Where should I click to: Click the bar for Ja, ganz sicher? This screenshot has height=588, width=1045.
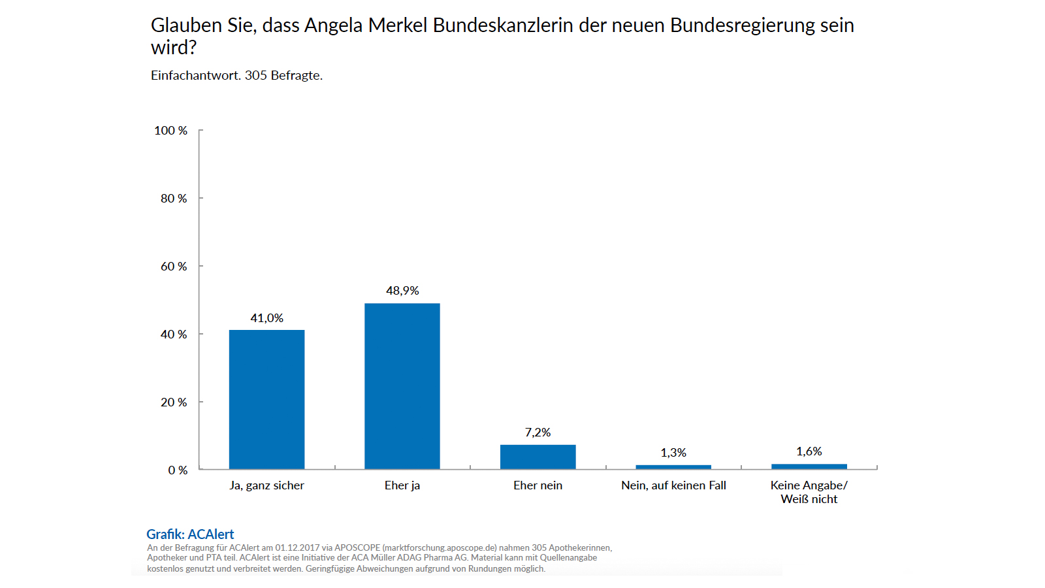pyautogui.click(x=266, y=399)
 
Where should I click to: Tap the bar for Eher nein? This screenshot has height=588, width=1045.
pyautogui.click(x=538, y=457)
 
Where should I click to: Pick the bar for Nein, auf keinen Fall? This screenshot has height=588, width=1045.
pyautogui.click(x=673, y=466)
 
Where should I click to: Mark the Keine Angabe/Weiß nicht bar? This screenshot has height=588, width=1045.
pyautogui.click(x=809, y=466)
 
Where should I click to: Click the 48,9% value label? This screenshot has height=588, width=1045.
pyautogui.click(x=402, y=291)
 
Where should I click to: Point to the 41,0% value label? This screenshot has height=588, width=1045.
pyautogui.click(x=266, y=318)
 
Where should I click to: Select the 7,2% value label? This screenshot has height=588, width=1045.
pyautogui.click(x=538, y=433)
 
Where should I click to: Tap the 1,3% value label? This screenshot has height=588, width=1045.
pyautogui.click(x=673, y=453)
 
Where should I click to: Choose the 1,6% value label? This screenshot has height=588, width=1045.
pyautogui.click(x=809, y=451)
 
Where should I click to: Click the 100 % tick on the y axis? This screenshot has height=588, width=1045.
pyautogui.click(x=170, y=131)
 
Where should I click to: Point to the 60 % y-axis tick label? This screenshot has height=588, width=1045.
pyautogui.click(x=174, y=267)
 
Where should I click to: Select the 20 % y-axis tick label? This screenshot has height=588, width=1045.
pyautogui.click(x=174, y=402)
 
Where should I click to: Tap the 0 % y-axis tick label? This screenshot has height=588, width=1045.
pyautogui.click(x=178, y=470)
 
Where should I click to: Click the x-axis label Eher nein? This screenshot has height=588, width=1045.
pyautogui.click(x=538, y=485)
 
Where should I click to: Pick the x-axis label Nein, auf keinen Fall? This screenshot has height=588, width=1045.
pyautogui.click(x=673, y=485)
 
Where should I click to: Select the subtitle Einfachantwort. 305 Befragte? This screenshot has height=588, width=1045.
pyautogui.click(x=236, y=76)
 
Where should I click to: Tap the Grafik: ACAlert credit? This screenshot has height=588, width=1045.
pyautogui.click(x=190, y=534)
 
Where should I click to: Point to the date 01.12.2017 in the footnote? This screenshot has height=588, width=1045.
pyautogui.click(x=297, y=547)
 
